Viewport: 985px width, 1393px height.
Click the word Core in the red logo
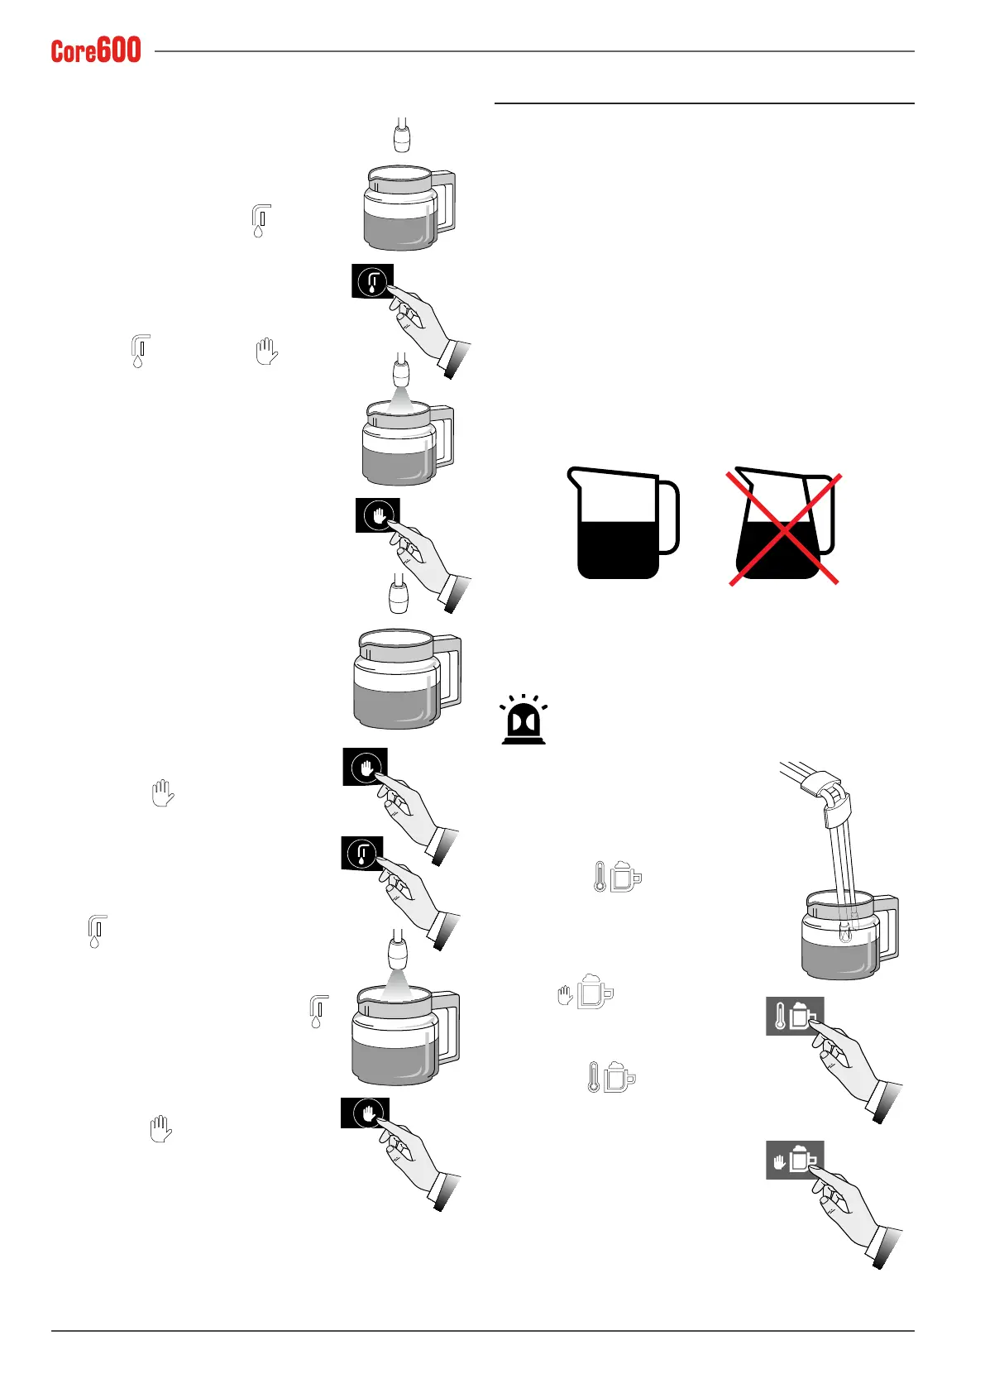tap(74, 52)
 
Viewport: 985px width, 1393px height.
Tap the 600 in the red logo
tap(119, 50)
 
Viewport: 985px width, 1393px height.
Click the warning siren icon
tap(524, 720)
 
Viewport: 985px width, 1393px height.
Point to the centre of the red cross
tap(784, 529)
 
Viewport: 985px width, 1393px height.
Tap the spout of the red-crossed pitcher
tap(741, 475)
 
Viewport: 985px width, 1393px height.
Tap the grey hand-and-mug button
tap(795, 1160)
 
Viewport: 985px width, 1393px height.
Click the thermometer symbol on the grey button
tap(779, 1017)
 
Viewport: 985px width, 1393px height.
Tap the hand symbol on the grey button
tap(779, 1161)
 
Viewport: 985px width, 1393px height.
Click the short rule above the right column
tap(704, 103)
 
